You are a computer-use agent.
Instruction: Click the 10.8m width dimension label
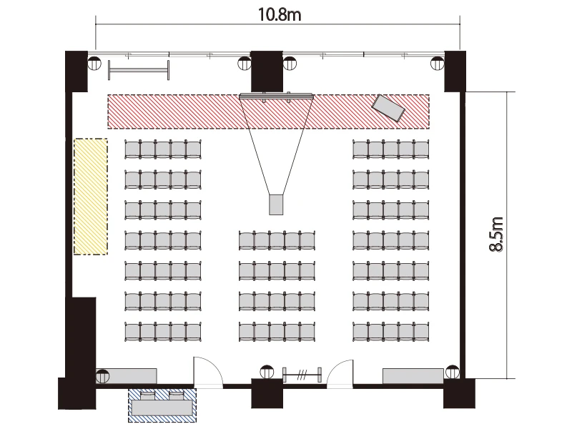pos(280,15)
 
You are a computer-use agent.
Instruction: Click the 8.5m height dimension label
pos(496,235)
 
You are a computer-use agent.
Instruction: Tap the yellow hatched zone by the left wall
pos(91,196)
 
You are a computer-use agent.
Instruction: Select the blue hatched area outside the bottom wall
pos(162,405)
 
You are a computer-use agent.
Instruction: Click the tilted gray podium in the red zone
pos(388,108)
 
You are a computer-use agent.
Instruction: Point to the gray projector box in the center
pos(276,204)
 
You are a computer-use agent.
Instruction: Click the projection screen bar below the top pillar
pos(276,97)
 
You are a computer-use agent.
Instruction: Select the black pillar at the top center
pos(267,71)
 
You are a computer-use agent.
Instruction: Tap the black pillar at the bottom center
pos(267,393)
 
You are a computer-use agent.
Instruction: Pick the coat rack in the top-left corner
pos(139,69)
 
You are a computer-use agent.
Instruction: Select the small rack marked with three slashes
pos(302,375)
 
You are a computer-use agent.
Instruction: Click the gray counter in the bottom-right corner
pos(413,376)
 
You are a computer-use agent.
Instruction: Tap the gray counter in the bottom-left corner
pos(127,376)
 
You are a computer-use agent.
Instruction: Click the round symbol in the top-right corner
pos(438,63)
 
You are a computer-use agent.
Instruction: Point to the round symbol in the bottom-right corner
pos(453,372)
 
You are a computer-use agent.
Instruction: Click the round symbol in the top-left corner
pos(94,63)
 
